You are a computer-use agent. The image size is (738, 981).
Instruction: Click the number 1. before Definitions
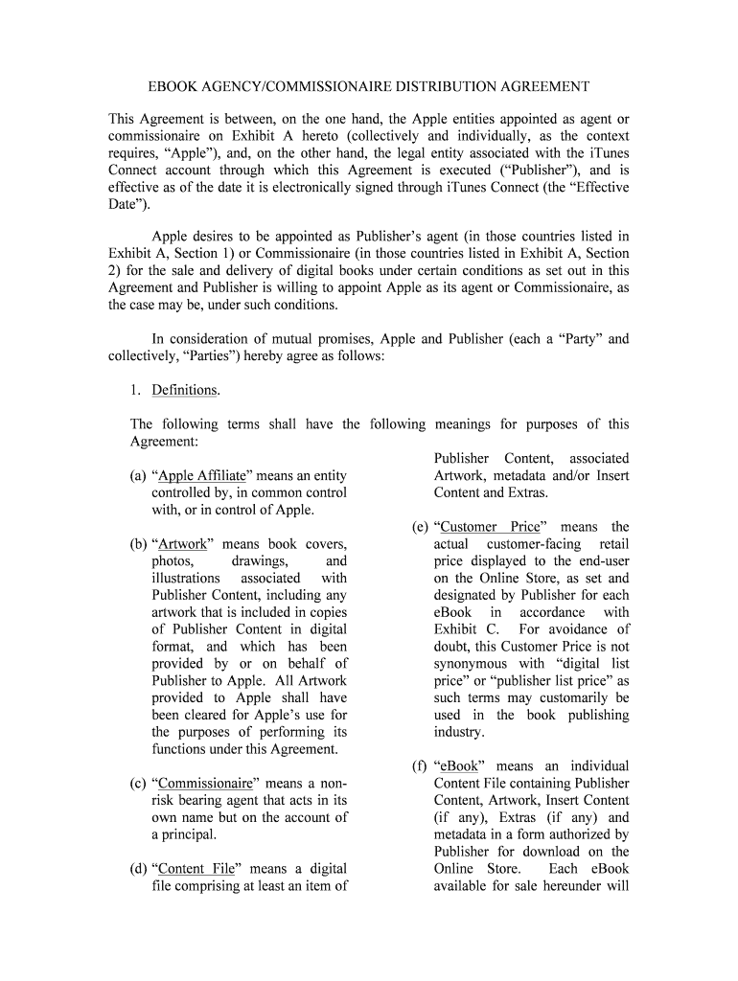pos(136,391)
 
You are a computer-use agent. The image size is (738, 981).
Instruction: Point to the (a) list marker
pos(138,476)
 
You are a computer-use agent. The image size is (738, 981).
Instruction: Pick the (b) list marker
pos(138,544)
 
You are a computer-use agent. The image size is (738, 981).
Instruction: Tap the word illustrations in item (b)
pos(186,579)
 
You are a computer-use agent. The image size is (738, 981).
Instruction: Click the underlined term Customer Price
pos(492,527)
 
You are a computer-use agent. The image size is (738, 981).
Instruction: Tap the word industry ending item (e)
pos(458,732)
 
